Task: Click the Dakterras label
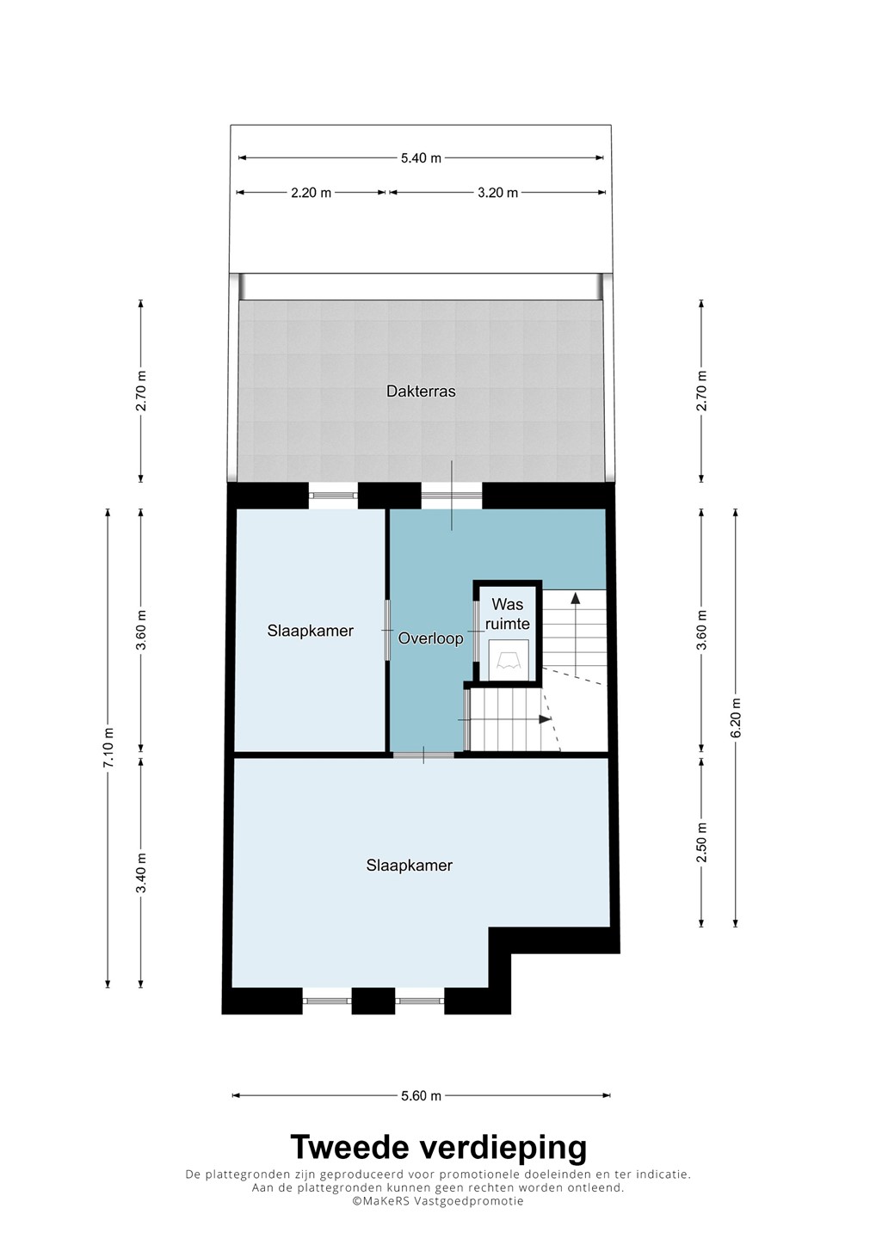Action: (421, 391)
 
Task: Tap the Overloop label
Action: (431, 638)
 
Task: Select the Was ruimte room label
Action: (508, 613)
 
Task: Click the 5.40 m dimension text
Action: (421, 158)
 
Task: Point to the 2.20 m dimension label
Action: (312, 193)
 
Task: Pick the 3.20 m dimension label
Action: (497, 193)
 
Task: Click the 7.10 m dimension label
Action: (108, 747)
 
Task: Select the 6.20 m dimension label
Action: (736, 718)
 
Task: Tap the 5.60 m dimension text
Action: (421, 1096)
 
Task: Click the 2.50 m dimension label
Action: (702, 842)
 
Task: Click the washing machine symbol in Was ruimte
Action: (509, 659)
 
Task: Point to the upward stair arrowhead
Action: (575, 597)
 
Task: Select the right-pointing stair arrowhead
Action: (546, 719)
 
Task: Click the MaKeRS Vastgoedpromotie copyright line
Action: (437, 1201)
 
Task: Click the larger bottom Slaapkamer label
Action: (410, 866)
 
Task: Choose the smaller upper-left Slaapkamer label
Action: (311, 631)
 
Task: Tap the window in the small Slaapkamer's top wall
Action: (333, 496)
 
